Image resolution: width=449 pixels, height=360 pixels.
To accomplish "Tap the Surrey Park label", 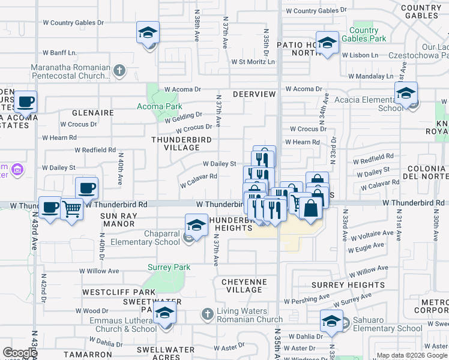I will (x=170, y=267).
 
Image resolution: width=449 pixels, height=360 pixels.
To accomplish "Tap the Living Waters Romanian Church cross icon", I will (x=207, y=313).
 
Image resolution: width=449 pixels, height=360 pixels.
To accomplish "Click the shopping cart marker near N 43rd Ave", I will (x=72, y=209).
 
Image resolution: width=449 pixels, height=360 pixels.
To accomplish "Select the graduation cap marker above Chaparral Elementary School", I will (x=196, y=225).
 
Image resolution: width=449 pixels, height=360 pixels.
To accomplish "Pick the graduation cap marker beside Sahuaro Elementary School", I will (x=331, y=320).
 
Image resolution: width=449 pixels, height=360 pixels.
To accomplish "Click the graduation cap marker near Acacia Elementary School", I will (x=406, y=94).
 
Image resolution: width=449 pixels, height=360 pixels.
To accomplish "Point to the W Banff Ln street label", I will (x=59, y=52).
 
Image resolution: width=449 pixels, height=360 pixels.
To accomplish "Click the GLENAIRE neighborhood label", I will (x=92, y=112).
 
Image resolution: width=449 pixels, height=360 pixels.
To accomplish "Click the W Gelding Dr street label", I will (x=184, y=117).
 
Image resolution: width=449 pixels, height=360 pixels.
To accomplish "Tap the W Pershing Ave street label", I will (x=307, y=298).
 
